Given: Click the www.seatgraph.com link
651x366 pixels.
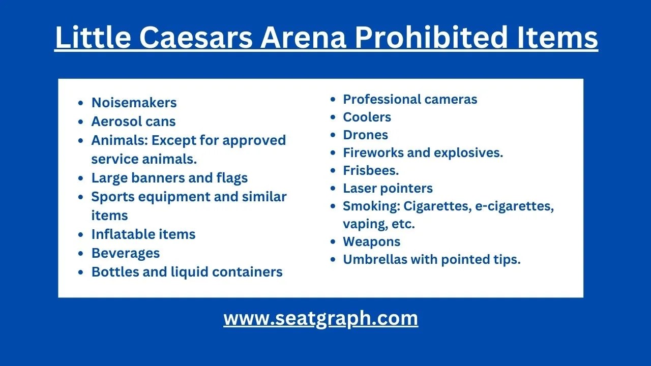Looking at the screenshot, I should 320,318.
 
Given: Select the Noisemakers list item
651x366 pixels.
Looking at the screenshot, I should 134,103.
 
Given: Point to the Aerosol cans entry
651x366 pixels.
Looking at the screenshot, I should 133,121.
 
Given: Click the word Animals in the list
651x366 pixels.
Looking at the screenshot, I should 119,140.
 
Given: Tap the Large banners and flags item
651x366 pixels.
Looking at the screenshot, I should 169,178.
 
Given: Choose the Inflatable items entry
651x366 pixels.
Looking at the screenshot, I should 143,234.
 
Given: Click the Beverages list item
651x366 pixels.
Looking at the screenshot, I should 125,253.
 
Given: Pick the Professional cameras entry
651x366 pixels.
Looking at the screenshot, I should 410,99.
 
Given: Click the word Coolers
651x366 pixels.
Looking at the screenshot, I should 367,117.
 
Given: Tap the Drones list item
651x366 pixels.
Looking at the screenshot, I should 365,135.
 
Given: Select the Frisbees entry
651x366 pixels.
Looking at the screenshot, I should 371,170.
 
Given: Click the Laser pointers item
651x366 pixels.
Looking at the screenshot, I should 388,188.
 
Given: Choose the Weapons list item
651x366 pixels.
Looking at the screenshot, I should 371,241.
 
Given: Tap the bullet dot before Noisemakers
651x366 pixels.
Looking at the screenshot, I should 81,103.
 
